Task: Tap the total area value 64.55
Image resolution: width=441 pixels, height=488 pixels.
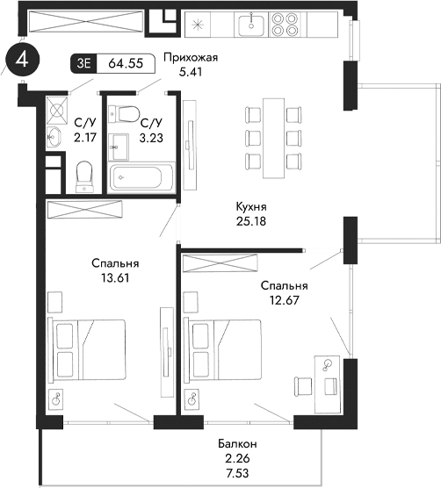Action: (x=125, y=63)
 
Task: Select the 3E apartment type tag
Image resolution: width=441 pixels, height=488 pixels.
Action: (x=85, y=63)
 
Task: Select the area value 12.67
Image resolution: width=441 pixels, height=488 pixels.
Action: (x=284, y=299)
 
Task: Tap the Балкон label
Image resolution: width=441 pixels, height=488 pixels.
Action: (x=235, y=444)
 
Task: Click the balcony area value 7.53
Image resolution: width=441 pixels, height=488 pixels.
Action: (x=235, y=472)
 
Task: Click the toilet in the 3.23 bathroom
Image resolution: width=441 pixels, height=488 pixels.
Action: (x=127, y=112)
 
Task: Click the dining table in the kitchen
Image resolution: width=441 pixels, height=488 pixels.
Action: (x=270, y=132)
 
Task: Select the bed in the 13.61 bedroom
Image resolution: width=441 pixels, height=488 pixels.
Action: (x=88, y=348)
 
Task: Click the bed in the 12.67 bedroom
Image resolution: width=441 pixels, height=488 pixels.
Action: (x=226, y=348)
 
